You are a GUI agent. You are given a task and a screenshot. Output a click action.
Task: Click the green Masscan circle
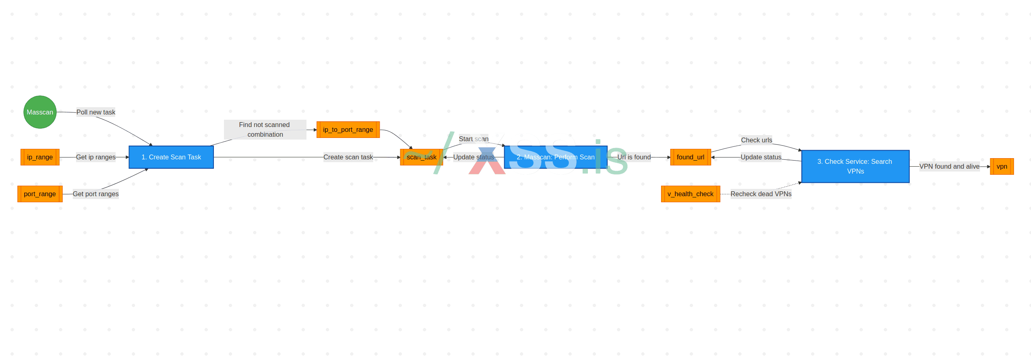point(40,112)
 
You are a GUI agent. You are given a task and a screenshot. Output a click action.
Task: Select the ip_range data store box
point(40,157)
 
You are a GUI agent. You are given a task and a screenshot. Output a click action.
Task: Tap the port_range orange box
point(40,194)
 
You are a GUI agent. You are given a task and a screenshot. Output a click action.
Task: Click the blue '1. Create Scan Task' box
point(171,157)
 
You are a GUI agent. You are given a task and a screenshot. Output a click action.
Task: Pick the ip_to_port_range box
point(348,129)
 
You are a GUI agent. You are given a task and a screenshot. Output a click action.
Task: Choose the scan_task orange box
point(421,157)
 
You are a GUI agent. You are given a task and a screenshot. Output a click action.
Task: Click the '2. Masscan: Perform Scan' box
point(556,157)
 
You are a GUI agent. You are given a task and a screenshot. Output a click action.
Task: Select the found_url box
point(690,157)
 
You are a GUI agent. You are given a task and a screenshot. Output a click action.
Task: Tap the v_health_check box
point(690,194)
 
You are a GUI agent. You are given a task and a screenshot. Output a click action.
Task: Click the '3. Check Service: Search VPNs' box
point(855,166)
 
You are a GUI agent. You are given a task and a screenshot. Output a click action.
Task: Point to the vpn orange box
point(1001,166)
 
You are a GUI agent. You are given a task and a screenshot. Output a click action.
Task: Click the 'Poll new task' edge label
point(96,112)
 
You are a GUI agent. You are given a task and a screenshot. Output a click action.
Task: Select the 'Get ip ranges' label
point(96,157)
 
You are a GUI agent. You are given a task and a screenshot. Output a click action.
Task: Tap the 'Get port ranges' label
point(96,194)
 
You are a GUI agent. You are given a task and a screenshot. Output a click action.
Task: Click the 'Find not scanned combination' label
point(265,129)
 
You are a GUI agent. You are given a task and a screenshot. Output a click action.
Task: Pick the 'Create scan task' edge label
point(348,157)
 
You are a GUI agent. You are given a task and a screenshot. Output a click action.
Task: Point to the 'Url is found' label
point(634,157)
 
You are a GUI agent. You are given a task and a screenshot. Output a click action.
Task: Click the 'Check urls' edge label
point(756,140)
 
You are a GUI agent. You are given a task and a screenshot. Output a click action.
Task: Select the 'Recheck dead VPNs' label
point(761,194)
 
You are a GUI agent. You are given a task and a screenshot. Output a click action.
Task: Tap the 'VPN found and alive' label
point(949,166)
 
